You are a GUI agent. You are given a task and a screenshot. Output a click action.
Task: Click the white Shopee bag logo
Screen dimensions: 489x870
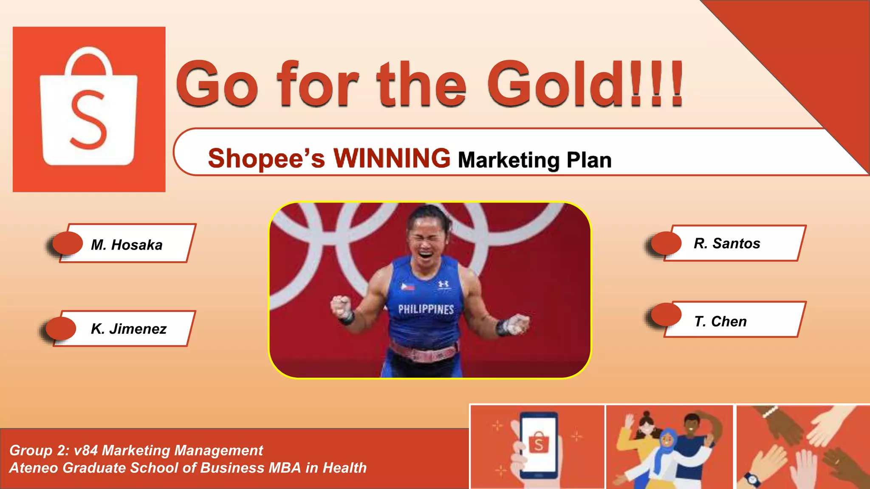tap(88, 108)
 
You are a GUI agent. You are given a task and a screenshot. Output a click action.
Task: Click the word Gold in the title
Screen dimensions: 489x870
tap(556, 84)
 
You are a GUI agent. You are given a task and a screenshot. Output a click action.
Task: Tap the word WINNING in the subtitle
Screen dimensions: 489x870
tap(392, 158)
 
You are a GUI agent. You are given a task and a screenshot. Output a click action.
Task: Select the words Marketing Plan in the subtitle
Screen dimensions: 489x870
tap(534, 160)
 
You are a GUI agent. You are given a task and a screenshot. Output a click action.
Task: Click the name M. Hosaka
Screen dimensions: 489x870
tap(127, 245)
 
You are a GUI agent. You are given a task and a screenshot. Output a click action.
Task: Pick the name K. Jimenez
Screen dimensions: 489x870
tap(128, 329)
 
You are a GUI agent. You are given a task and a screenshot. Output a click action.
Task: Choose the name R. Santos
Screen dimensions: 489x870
tap(727, 243)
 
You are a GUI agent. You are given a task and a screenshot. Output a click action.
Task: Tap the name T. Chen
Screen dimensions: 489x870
tap(720, 321)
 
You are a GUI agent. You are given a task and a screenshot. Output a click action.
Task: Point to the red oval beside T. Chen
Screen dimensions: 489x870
tap(666, 315)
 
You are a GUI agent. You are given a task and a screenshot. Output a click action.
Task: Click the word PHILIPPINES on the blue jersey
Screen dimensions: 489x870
tap(426, 309)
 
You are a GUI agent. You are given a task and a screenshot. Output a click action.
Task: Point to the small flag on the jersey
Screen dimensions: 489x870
tap(408, 287)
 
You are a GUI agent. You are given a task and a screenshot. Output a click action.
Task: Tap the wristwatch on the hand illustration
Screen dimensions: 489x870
tap(752, 480)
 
